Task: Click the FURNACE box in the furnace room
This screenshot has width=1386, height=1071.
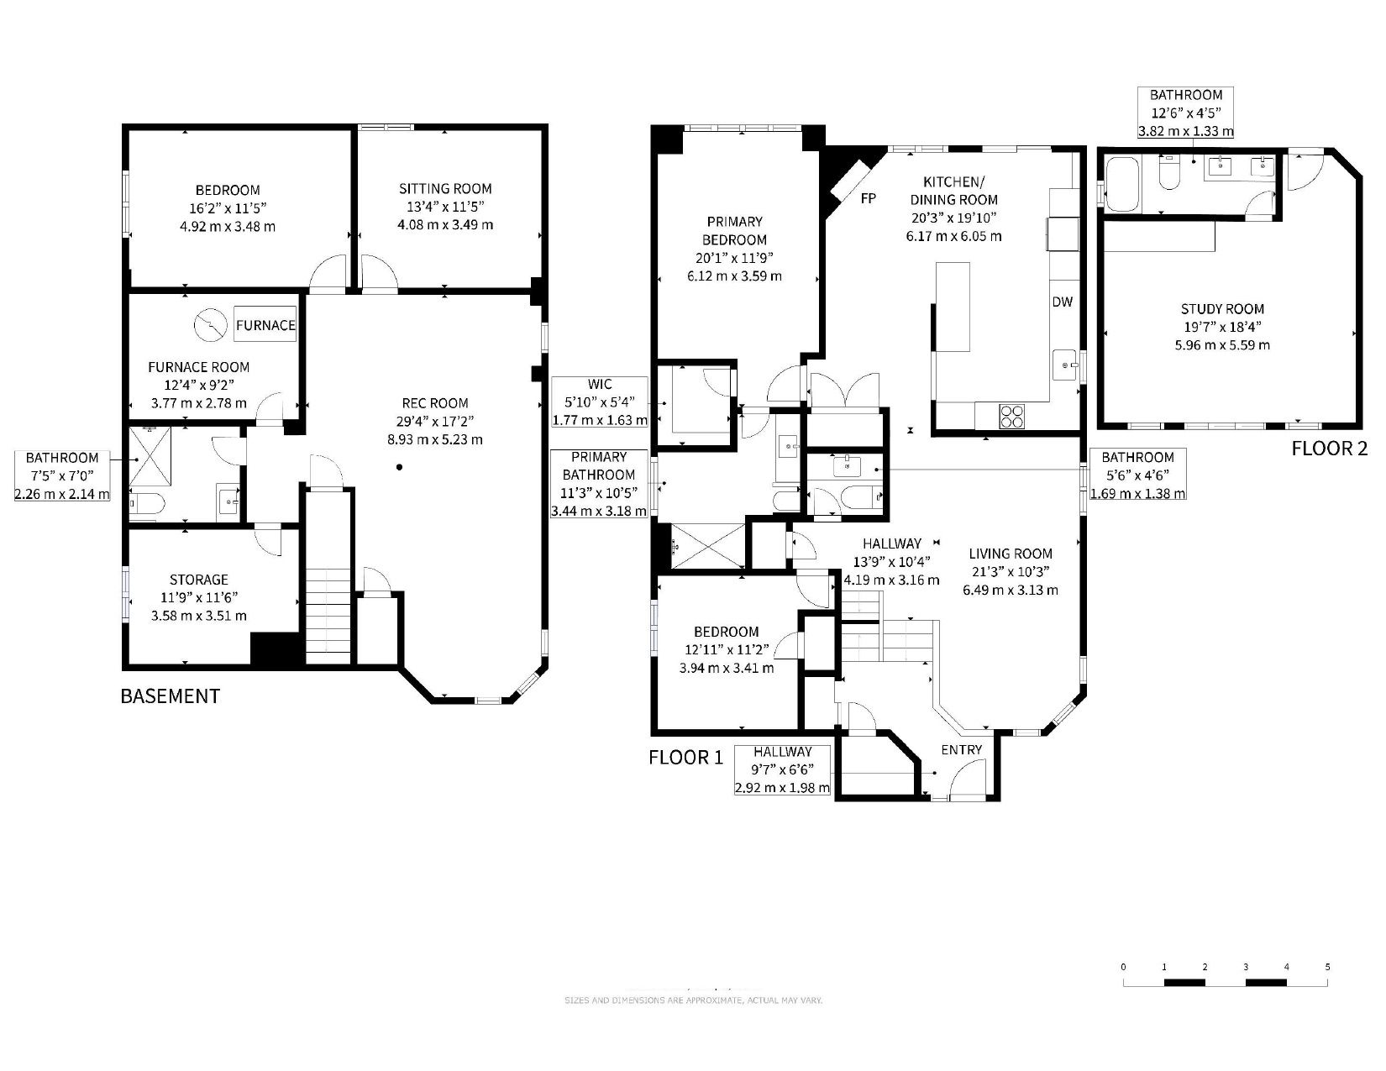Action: click(265, 324)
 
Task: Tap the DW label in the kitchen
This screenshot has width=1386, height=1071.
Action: click(1062, 302)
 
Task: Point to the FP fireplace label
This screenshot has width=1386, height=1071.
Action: click(868, 198)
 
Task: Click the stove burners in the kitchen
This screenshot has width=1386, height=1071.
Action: click(1011, 417)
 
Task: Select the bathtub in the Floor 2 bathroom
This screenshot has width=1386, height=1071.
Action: click(1122, 184)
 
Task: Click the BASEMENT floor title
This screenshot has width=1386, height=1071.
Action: click(171, 696)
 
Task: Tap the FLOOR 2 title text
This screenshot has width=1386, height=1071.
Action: click(1329, 449)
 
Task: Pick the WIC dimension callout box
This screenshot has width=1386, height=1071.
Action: click(600, 402)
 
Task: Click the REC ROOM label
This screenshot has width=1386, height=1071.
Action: click(435, 403)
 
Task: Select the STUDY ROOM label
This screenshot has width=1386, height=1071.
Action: click(1222, 309)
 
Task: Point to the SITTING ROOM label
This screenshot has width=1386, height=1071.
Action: click(445, 189)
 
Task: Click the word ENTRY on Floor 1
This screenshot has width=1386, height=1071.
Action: click(961, 749)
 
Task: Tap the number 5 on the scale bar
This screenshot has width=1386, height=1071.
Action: click(1327, 967)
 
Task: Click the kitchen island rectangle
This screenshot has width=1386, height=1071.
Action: click(953, 307)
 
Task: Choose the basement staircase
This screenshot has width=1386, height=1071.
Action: click(328, 577)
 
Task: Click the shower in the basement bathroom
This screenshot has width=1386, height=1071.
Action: click(150, 456)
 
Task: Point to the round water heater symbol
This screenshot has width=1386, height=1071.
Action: click(211, 325)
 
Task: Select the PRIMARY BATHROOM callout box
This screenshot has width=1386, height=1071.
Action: click(598, 484)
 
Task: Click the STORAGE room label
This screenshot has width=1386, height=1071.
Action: click(198, 580)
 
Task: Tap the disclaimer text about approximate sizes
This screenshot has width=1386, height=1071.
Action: click(693, 1000)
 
